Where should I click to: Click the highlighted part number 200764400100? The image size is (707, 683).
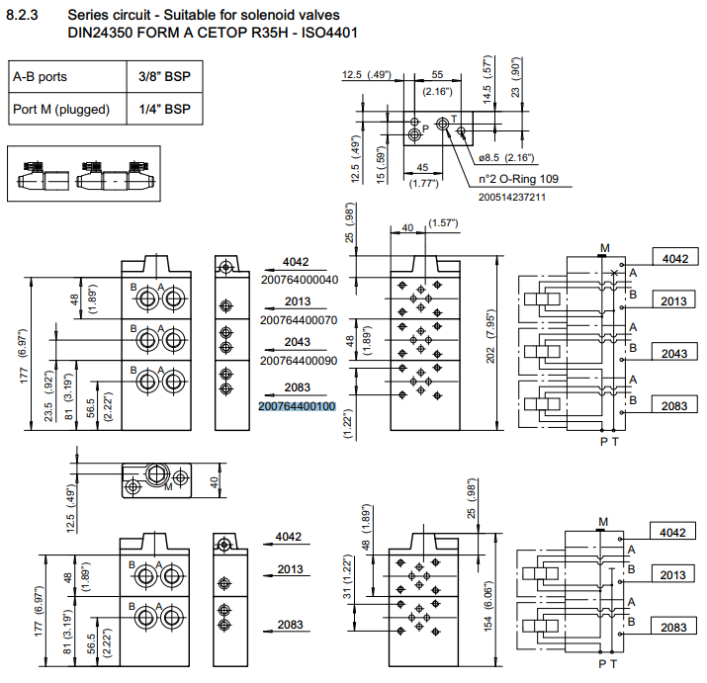[x=298, y=406]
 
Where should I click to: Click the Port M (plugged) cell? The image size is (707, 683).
[x=60, y=109]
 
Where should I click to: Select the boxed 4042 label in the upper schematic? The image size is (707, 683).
[x=674, y=259]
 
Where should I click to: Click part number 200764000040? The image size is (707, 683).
[x=298, y=280]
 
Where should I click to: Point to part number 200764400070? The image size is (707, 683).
[x=298, y=321]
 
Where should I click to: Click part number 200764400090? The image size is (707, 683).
[x=298, y=362]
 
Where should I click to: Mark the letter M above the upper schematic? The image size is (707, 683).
[x=604, y=246]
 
